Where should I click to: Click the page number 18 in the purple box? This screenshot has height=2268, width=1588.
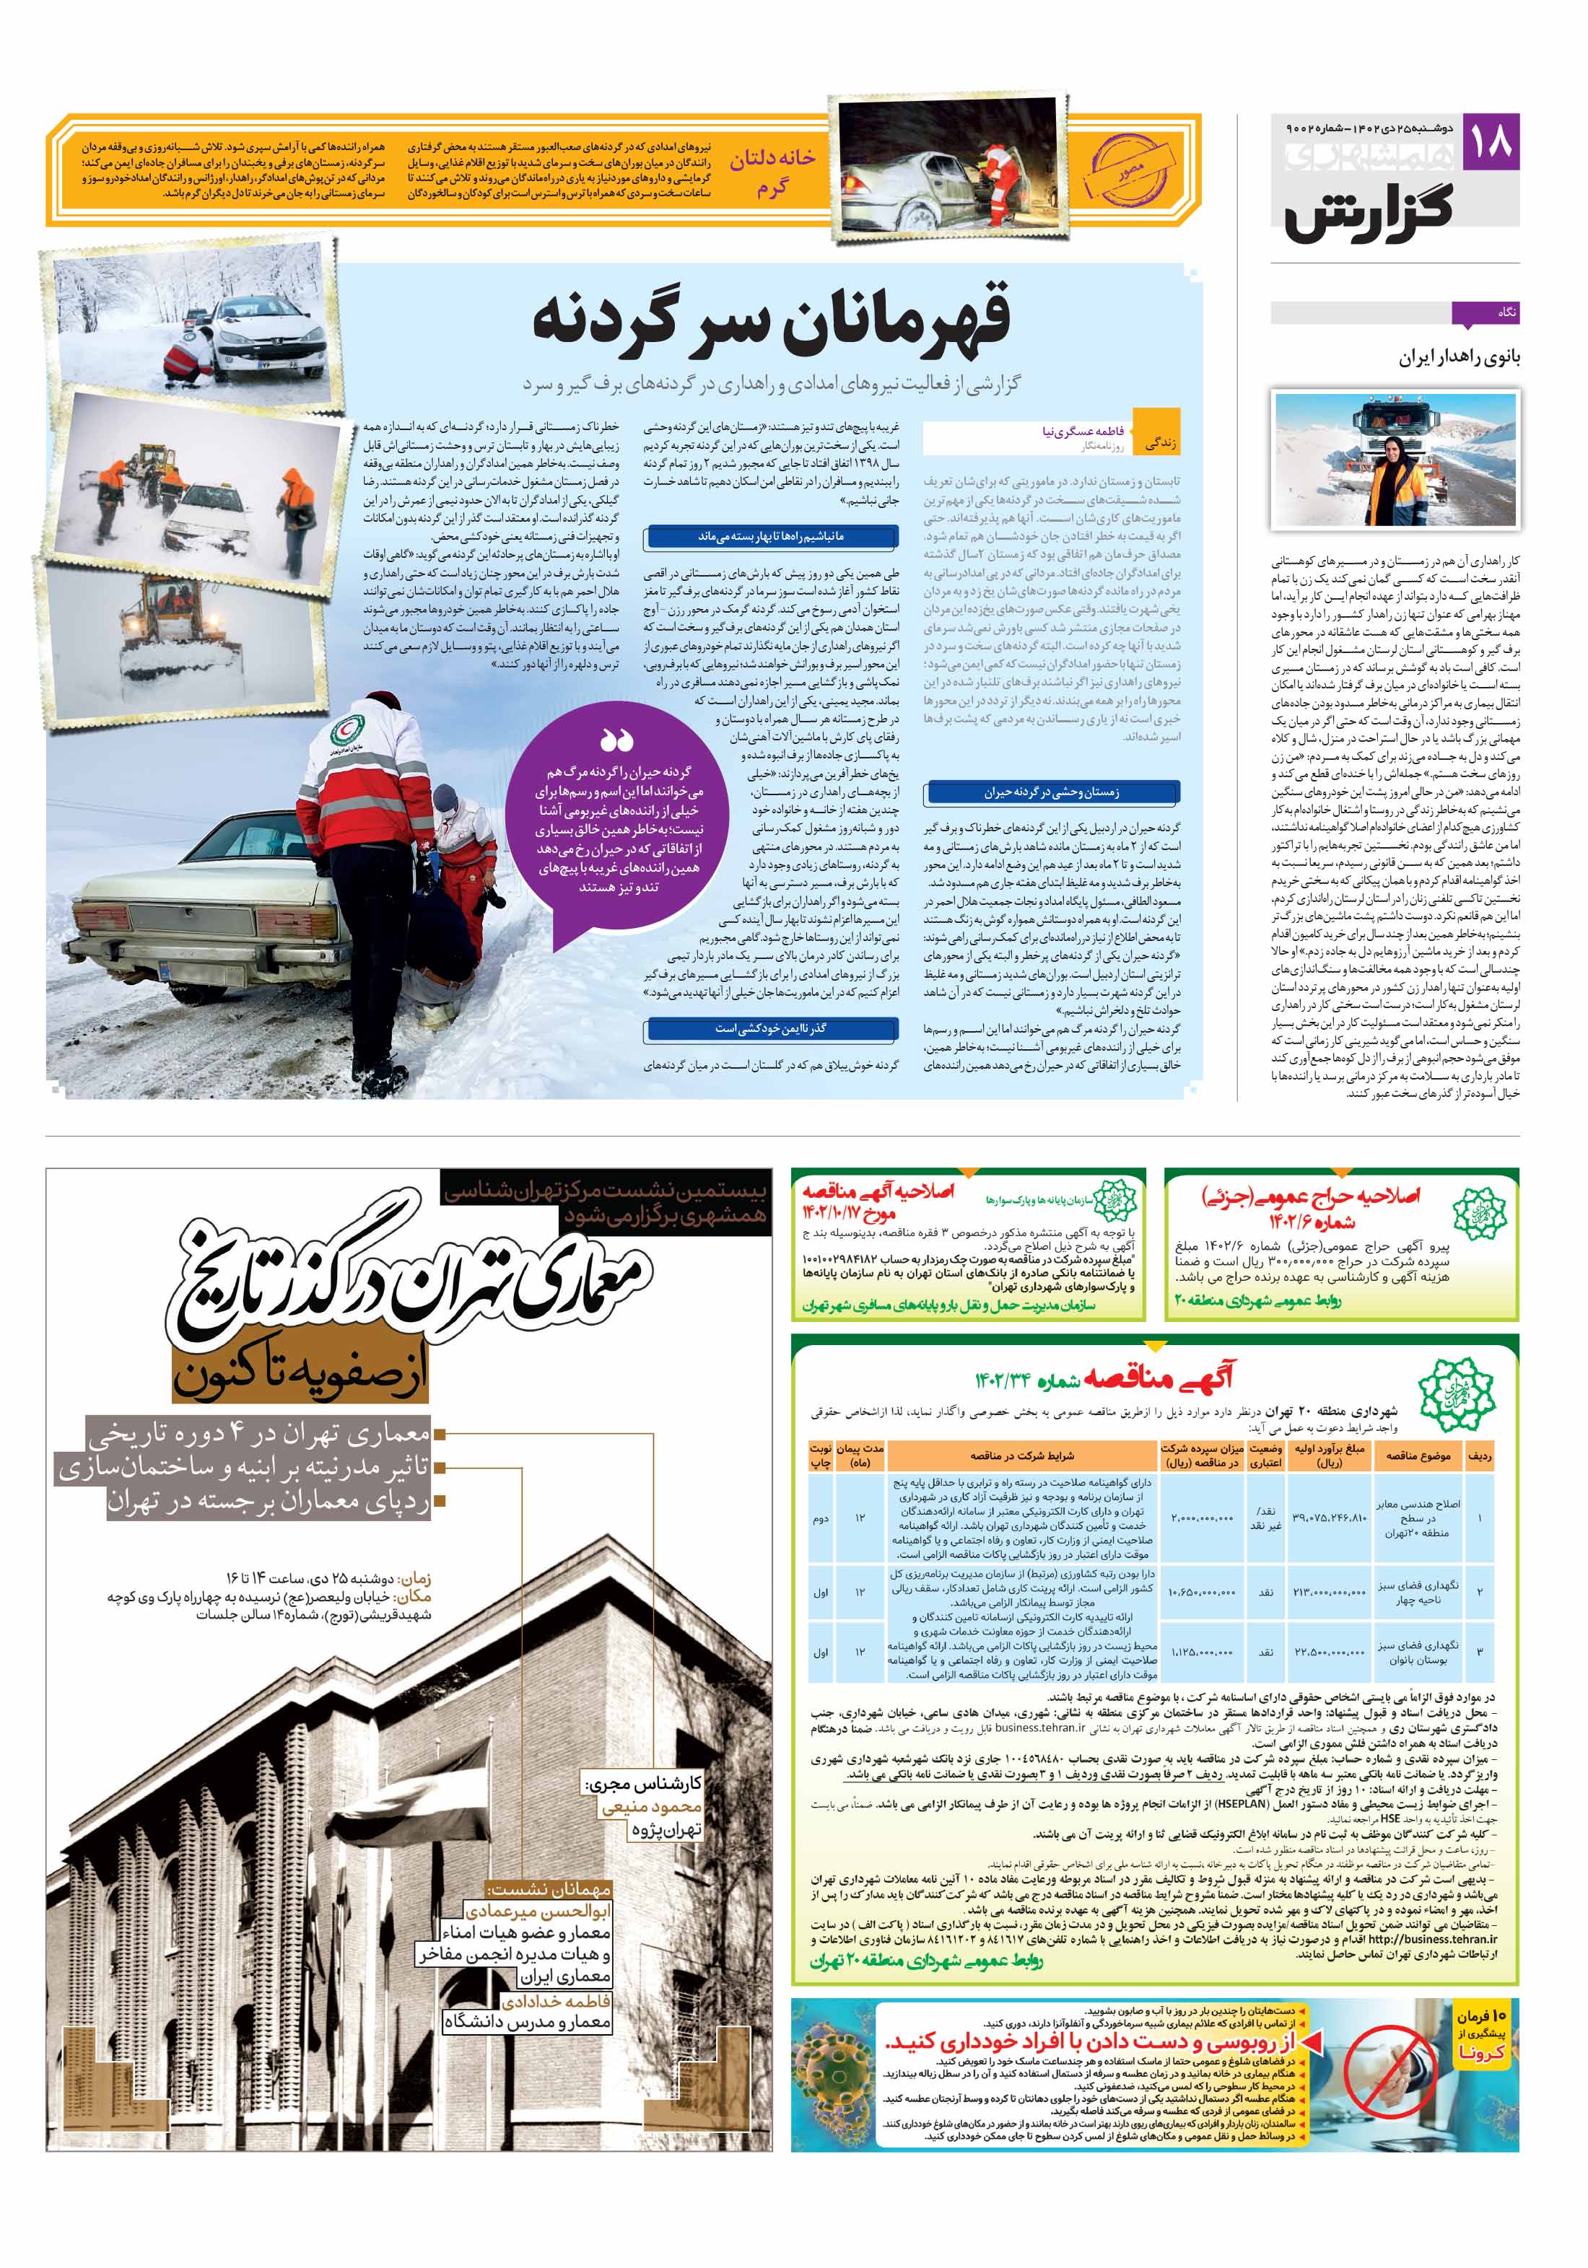1490,142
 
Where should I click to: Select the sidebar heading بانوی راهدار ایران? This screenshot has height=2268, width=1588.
1459,358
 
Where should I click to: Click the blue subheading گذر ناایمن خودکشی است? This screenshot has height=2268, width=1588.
771,1028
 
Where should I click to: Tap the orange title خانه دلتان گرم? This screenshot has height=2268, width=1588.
773,173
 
